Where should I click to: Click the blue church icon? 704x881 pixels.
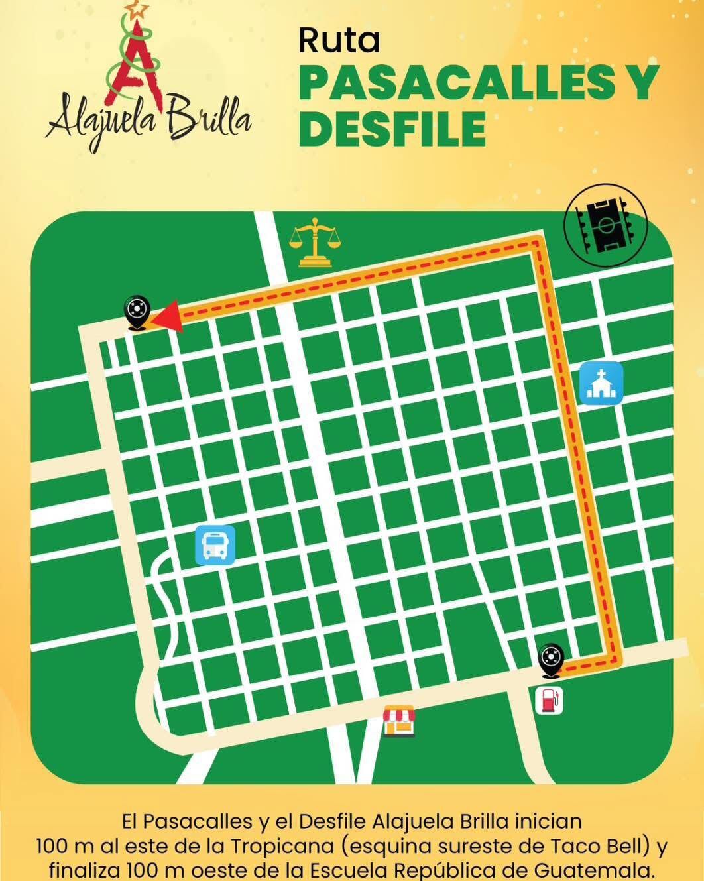click(601, 383)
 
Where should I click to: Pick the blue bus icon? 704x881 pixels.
click(215, 546)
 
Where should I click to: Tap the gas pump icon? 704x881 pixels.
click(550, 700)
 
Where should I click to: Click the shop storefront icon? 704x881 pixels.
click(400, 721)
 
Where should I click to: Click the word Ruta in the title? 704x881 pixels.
click(339, 40)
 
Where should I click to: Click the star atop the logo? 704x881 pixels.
click(138, 9)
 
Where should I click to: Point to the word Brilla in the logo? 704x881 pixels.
click(209, 119)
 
